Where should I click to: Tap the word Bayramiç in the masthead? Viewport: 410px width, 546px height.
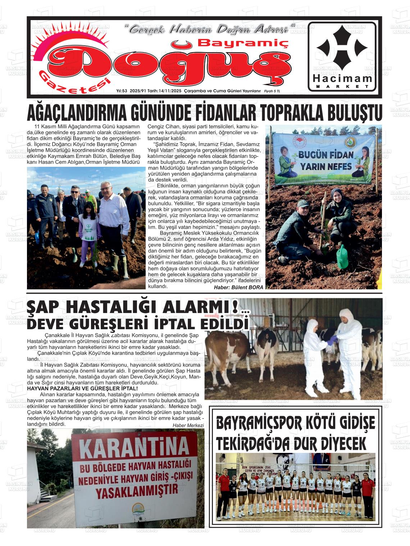point(243,43)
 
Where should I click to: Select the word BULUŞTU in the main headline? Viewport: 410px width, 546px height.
point(350,114)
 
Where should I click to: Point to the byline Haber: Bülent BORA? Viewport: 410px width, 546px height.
point(238,287)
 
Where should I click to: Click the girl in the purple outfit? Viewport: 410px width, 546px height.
point(88,234)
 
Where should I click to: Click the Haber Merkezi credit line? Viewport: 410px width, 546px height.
point(188,425)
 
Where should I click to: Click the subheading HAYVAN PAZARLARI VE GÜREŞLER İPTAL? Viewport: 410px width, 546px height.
point(82,389)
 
